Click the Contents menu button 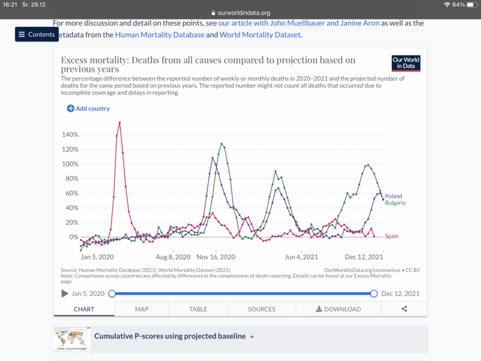pyautogui.click(x=37, y=35)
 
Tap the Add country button pyautogui.click(x=89, y=109)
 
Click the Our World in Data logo pyautogui.click(x=406, y=64)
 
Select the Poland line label pyautogui.click(x=393, y=196)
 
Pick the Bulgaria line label pyautogui.click(x=395, y=203)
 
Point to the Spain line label pyautogui.click(x=392, y=236)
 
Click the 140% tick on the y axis pyautogui.click(x=70, y=134)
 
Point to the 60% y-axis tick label pyautogui.click(x=71, y=193)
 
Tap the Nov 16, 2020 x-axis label pyautogui.click(x=216, y=257)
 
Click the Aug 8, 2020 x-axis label pyautogui.click(x=173, y=257)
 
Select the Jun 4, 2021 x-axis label pyautogui.click(x=302, y=257)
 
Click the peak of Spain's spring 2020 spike pyautogui.click(x=120, y=122)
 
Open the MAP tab pyautogui.click(x=141, y=309)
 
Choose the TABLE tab pyautogui.click(x=198, y=309)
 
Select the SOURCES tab pyautogui.click(x=262, y=309)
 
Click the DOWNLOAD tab pyautogui.click(x=338, y=309)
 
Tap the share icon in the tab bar pyautogui.click(x=404, y=309)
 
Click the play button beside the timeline pyautogui.click(x=64, y=294)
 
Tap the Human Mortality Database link pyautogui.click(x=160, y=35)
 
